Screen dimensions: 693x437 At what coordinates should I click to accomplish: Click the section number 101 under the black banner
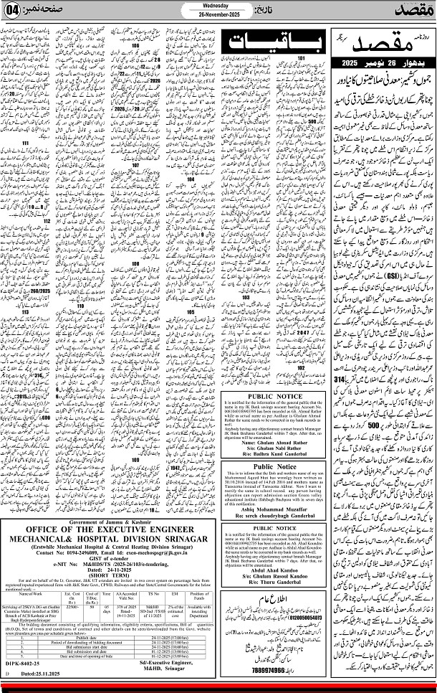click(302, 57)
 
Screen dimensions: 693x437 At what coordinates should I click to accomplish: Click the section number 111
click(26, 143)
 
